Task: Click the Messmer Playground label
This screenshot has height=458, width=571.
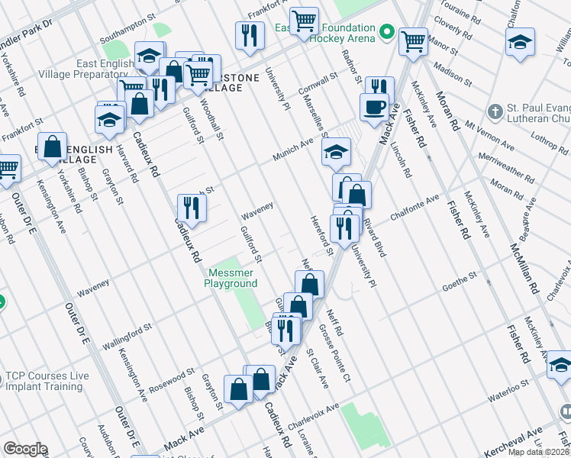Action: (230, 278)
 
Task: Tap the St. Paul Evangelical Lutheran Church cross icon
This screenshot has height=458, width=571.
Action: (495, 112)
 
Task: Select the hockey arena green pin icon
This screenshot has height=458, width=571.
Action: (387, 33)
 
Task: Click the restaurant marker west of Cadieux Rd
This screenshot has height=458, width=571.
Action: (192, 208)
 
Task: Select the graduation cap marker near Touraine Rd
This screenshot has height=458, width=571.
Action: (520, 43)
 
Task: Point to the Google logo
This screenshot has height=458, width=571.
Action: (25, 449)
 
